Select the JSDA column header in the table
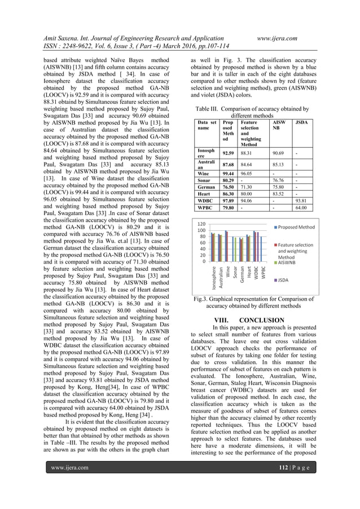(301, 122)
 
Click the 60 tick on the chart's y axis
(203, 242)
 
